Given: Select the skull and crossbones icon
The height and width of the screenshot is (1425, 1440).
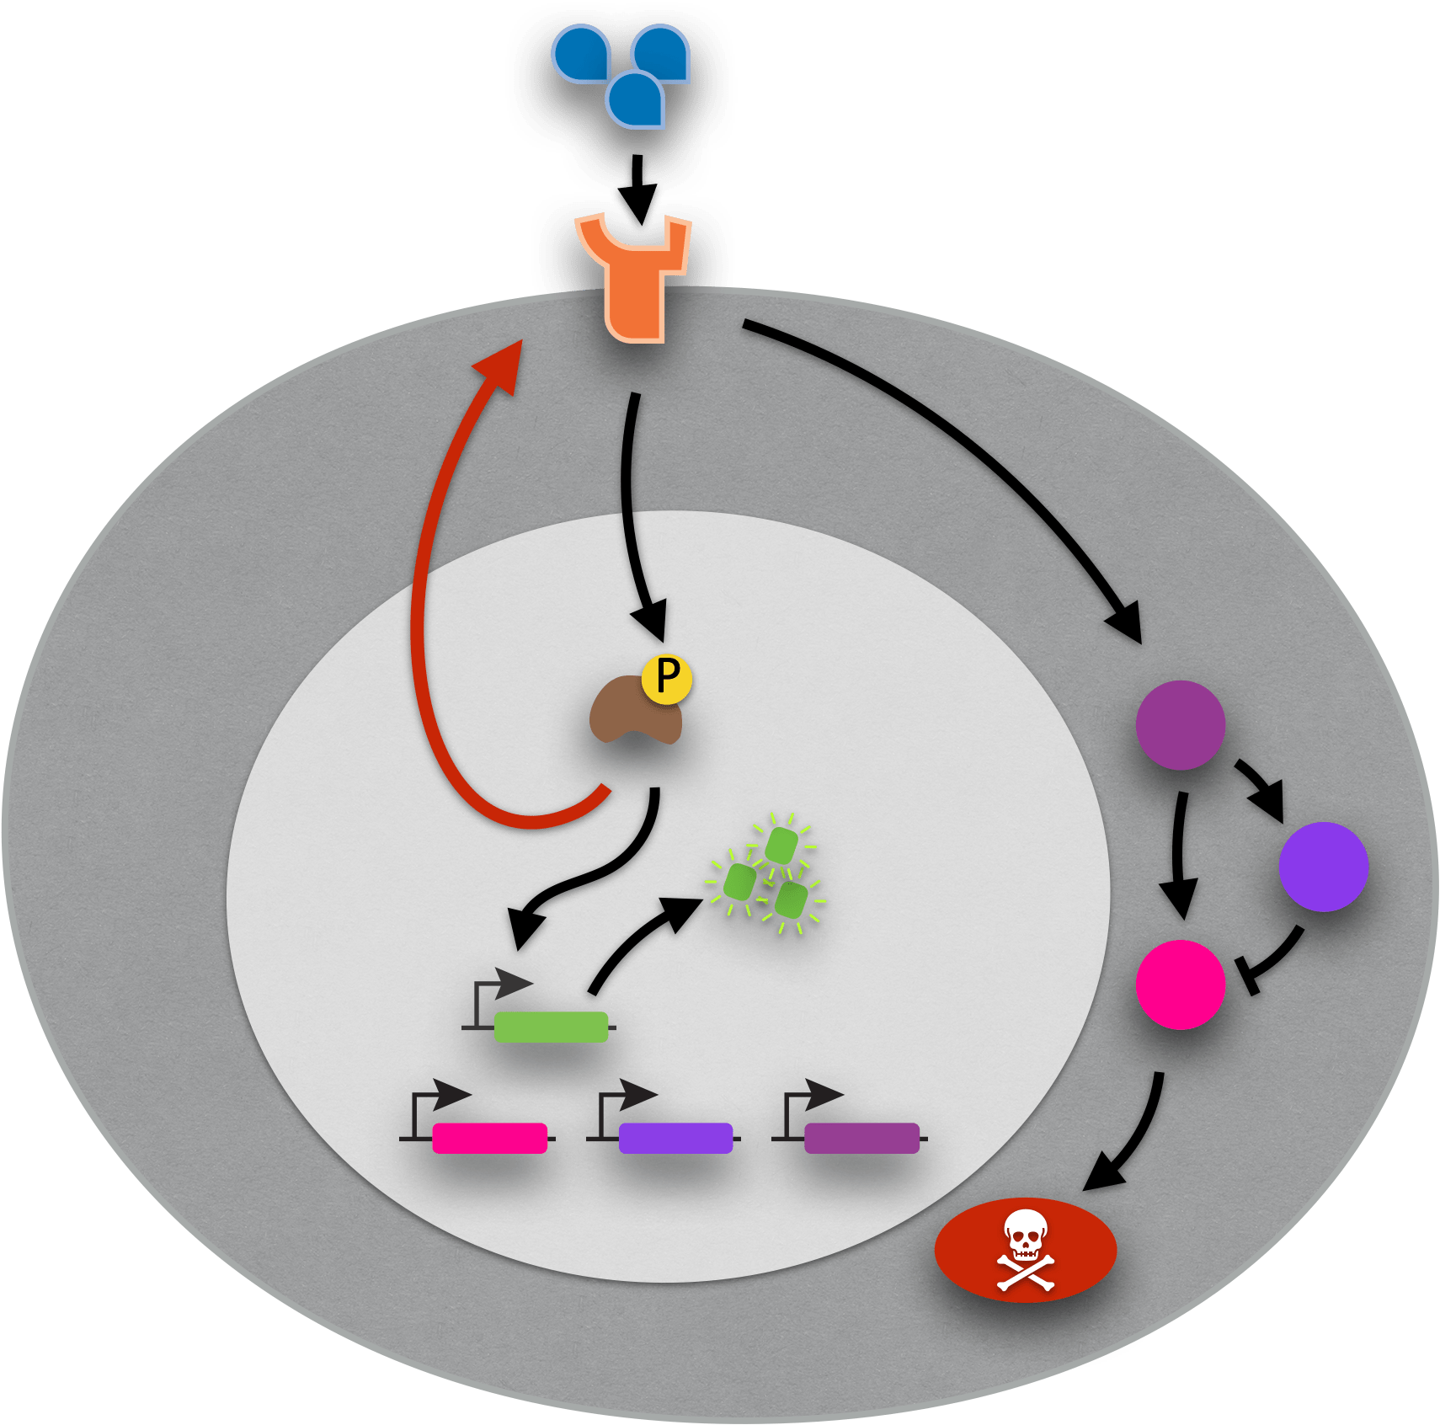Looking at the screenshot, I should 1026,1250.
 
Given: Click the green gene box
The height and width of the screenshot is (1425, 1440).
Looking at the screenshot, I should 551,1027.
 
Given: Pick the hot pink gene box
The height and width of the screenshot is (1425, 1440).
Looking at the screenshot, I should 489,1138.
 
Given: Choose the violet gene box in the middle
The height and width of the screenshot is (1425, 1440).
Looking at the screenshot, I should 675,1138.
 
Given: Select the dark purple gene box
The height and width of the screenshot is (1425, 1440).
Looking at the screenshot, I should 861,1138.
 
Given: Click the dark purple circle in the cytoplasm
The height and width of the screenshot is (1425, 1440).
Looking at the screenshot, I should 1180,725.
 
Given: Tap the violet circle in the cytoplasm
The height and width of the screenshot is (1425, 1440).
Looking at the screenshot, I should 1323,867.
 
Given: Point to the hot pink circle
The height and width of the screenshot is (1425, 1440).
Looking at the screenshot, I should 1180,985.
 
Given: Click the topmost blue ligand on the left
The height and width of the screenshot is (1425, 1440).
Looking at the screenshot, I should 581,54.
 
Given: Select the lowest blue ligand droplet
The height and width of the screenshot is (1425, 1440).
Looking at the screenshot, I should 636,100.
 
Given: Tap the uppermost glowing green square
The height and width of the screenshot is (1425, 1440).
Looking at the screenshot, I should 781,846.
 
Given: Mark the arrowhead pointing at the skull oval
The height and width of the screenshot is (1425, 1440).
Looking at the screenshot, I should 1102,1176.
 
